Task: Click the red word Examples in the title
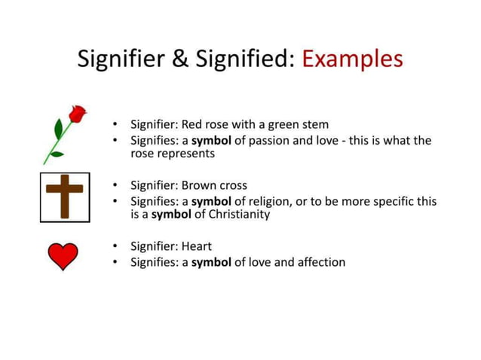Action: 352,58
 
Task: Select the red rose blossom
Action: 77,114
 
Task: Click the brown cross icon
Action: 65,196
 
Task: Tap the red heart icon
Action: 63,256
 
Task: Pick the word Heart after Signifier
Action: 197,246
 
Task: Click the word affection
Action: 317,262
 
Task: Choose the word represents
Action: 188,153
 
